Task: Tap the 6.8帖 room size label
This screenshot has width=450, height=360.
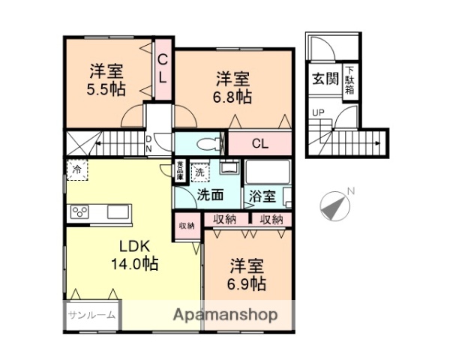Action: [235, 97]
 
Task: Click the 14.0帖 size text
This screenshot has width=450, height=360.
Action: [135, 264]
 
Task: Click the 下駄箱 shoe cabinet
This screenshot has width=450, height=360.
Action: [350, 82]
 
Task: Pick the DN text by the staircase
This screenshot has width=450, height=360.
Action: [148, 143]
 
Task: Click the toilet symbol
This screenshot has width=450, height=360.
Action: [208, 142]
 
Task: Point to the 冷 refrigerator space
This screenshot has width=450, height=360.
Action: [77, 170]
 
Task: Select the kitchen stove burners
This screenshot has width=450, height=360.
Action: [80, 212]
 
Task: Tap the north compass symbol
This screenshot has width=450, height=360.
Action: [335, 205]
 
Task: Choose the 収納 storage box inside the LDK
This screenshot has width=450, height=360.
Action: [187, 226]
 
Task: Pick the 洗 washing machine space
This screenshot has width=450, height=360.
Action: [199, 171]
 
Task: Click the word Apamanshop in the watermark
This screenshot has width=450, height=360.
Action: [226, 314]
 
